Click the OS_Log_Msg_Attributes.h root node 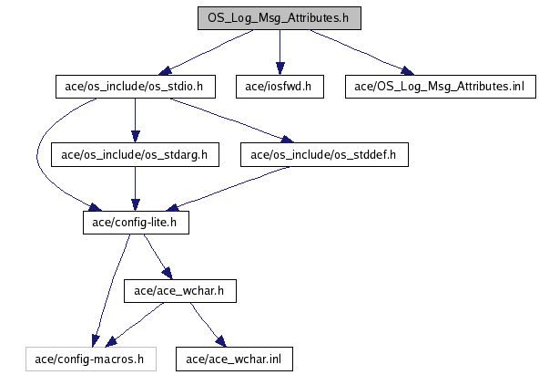(280, 18)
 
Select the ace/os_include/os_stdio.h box (136, 87)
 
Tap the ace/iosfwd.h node (280, 87)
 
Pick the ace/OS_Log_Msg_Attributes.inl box (441, 87)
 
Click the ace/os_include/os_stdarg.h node (135, 154)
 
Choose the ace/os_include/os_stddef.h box (324, 154)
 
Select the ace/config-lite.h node (136, 223)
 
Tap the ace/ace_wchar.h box (180, 291)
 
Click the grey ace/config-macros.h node (91, 359)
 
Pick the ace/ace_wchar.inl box (234, 359)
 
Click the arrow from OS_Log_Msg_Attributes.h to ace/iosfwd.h (280, 52)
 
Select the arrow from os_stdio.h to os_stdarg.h (135, 120)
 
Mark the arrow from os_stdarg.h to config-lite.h (135, 189)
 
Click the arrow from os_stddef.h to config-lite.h (229, 189)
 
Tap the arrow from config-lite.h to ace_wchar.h (158, 256)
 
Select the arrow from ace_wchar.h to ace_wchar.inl (208, 325)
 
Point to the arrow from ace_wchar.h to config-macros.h (135, 325)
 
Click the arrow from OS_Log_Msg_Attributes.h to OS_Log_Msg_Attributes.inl (361, 52)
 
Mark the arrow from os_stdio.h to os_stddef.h (231, 120)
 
